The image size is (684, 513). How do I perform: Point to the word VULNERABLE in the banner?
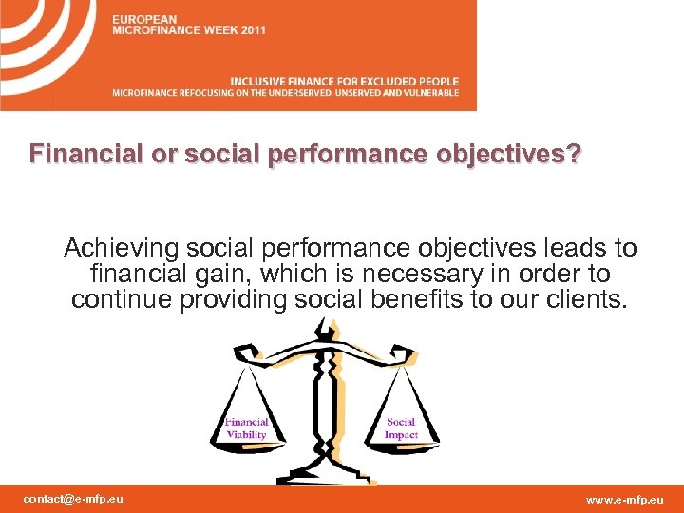pos(431,93)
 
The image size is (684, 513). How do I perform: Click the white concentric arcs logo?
pos(47,47)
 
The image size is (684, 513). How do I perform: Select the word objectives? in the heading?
pos(514,153)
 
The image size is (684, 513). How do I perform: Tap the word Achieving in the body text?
pos(121,249)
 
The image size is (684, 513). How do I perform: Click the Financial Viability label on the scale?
pos(246,428)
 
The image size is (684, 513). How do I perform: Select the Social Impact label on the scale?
pos(401,428)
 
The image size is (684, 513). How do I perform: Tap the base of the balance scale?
pos(323,472)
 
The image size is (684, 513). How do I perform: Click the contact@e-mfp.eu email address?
pos(73,499)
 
